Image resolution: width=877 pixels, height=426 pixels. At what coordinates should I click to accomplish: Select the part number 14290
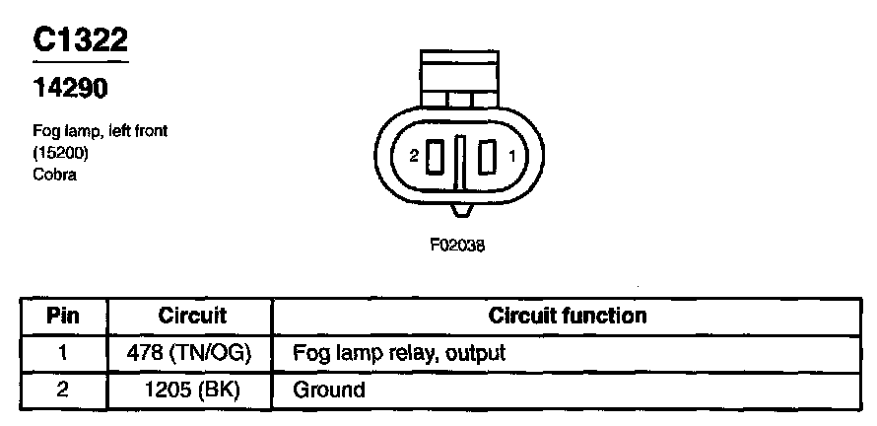pos(71,89)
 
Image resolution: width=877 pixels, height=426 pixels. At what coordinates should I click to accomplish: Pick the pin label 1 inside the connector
pos(511,156)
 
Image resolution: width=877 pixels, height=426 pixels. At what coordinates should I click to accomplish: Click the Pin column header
pos(63,317)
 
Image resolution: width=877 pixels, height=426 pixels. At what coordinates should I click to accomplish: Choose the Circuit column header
pos(192,317)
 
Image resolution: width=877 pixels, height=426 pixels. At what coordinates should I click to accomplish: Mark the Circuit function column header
pos(568,317)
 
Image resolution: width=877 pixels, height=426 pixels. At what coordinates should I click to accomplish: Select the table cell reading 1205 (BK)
pos(192,390)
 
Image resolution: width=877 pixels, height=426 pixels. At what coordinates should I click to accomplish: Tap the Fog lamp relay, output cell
pos(399,353)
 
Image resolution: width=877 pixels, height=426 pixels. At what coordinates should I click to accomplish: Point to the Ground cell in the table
pos(329,390)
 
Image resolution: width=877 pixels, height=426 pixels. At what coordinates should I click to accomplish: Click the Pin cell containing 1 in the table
pos(63,353)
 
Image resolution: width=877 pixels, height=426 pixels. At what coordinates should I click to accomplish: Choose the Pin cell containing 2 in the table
pos(63,390)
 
